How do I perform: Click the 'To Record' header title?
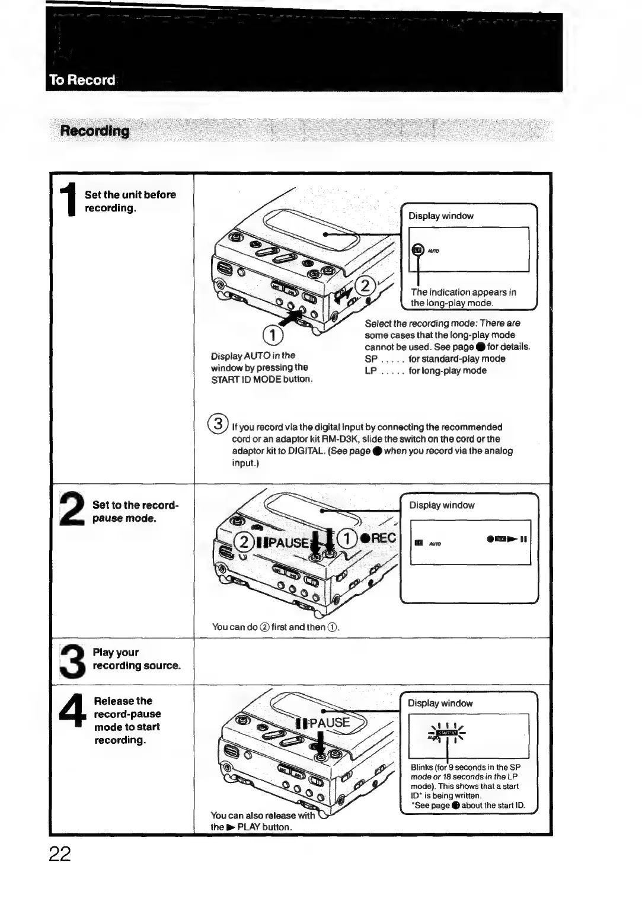click(x=82, y=80)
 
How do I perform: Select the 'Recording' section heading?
click(x=95, y=131)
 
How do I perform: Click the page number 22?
click(x=60, y=854)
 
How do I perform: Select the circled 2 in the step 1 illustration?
click(x=366, y=286)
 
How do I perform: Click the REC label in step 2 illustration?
click(x=383, y=537)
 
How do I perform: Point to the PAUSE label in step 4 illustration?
click(x=330, y=723)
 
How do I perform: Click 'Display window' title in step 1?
click(x=441, y=216)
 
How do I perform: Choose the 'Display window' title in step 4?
click(x=440, y=704)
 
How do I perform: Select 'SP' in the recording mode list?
click(x=371, y=359)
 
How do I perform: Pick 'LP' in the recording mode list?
click(x=371, y=371)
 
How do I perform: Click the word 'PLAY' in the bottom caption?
click(x=248, y=827)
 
